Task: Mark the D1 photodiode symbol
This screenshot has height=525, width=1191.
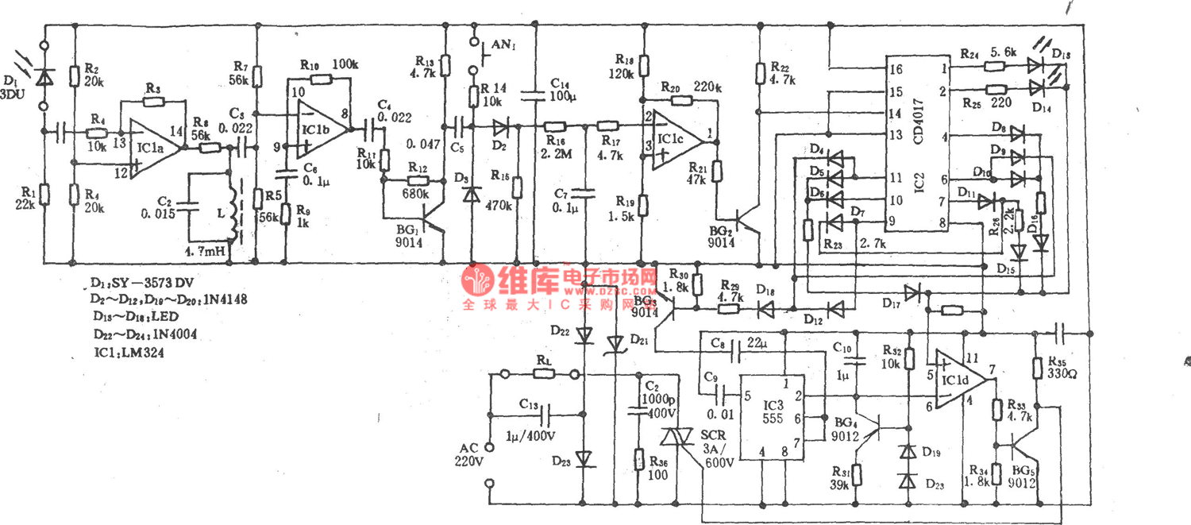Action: click(x=45, y=76)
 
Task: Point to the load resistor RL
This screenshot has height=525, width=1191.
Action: click(x=543, y=373)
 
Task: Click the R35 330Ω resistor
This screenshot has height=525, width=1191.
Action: click(x=1037, y=367)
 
